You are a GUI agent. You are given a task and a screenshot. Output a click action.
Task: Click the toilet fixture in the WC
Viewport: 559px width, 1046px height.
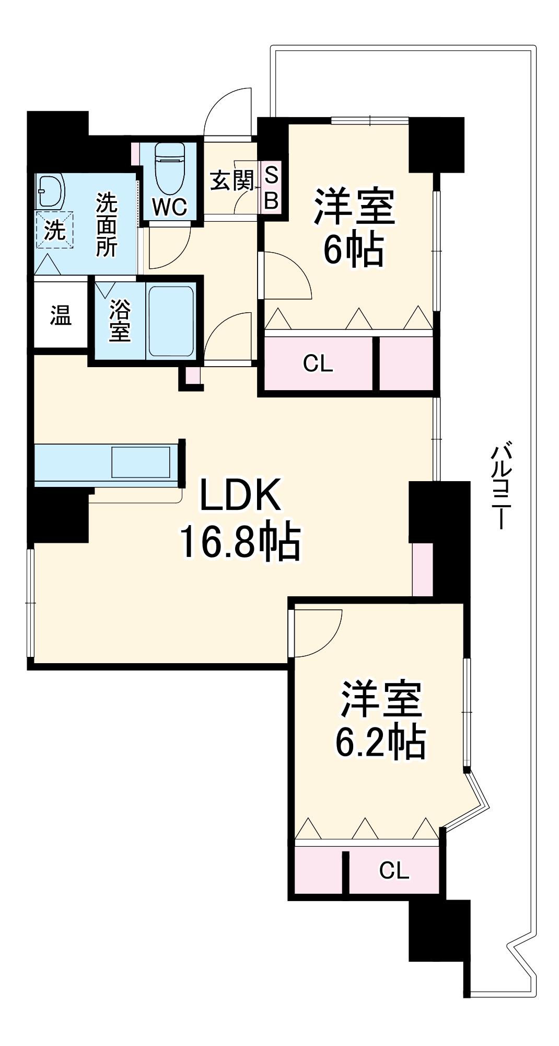tap(170, 168)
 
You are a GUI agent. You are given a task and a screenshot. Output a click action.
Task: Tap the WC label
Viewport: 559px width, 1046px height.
tap(170, 207)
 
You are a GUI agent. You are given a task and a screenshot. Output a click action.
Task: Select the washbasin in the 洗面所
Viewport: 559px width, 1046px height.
tap(50, 191)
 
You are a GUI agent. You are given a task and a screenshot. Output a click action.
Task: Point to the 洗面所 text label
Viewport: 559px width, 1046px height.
tap(106, 225)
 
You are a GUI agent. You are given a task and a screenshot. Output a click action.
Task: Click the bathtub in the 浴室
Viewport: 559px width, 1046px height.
tap(171, 321)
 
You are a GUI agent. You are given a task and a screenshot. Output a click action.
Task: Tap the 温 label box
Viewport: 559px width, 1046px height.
tap(61, 315)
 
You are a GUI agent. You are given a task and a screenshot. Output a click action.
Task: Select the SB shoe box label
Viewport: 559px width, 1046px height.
tap(271, 188)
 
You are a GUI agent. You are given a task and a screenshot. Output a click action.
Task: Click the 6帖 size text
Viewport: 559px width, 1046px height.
tap(354, 250)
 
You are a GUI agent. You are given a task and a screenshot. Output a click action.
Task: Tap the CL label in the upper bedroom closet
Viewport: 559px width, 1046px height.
tap(318, 363)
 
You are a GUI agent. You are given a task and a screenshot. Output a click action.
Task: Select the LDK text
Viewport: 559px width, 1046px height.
tap(240, 495)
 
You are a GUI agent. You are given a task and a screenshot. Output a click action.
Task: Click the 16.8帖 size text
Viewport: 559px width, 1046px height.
tap(240, 542)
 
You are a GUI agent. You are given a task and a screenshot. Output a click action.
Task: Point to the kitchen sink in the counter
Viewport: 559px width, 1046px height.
tap(141, 462)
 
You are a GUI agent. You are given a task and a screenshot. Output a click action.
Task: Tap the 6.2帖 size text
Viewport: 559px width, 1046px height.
tap(380, 742)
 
